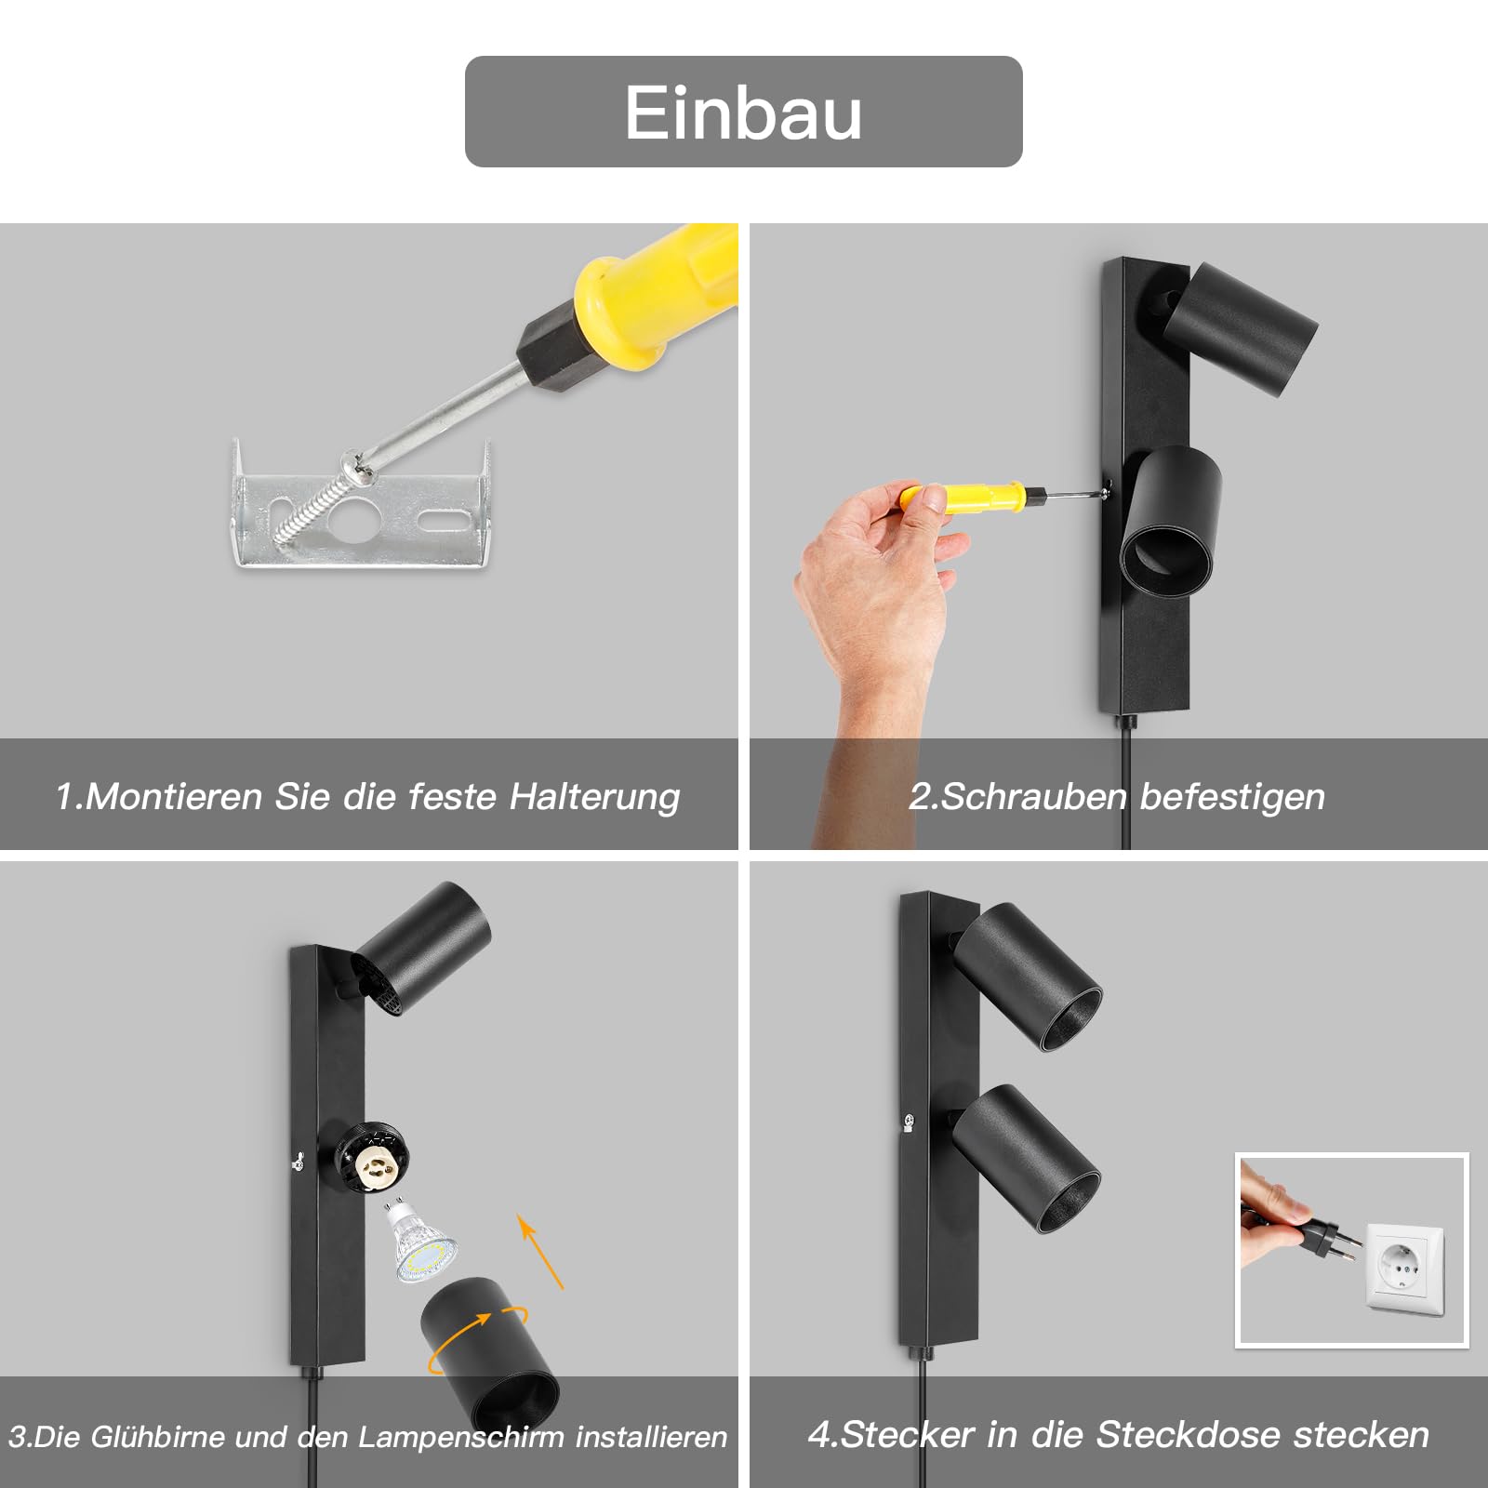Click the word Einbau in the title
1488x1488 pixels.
743,113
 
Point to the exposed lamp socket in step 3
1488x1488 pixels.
373,1160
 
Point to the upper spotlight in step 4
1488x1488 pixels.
1029,976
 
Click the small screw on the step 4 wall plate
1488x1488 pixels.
910,1122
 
